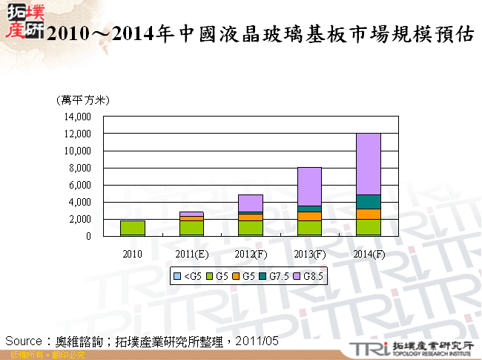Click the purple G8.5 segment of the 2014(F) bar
369,164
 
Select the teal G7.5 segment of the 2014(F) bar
369,202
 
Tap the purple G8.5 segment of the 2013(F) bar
309,186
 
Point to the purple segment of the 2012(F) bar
251,203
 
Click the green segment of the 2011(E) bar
191,228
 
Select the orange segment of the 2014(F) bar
369,214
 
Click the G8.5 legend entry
312,277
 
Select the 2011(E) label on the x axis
191,254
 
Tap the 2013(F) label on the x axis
309,254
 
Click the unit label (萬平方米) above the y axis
82,100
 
